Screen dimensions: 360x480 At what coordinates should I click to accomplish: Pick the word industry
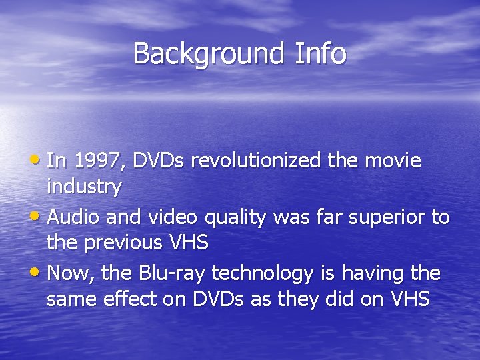84,187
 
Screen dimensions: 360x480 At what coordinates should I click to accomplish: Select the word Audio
74,218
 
